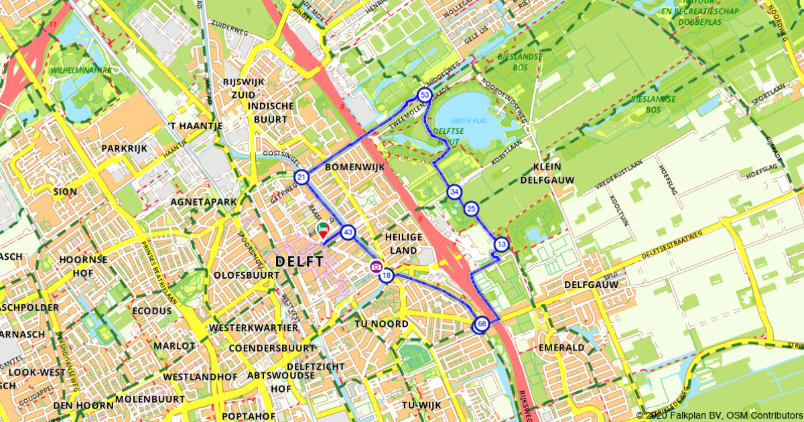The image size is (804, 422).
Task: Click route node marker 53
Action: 424,95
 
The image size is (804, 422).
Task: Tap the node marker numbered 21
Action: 301,178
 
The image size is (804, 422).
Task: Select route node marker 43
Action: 348,232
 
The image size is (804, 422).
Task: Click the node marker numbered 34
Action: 454,192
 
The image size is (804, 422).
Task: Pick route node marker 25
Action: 471,209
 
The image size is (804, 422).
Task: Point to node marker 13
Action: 502,245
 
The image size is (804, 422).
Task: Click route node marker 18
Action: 386,275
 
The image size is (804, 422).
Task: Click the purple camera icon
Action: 376,267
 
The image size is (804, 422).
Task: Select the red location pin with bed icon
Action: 323,230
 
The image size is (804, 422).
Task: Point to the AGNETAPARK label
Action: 199,200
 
